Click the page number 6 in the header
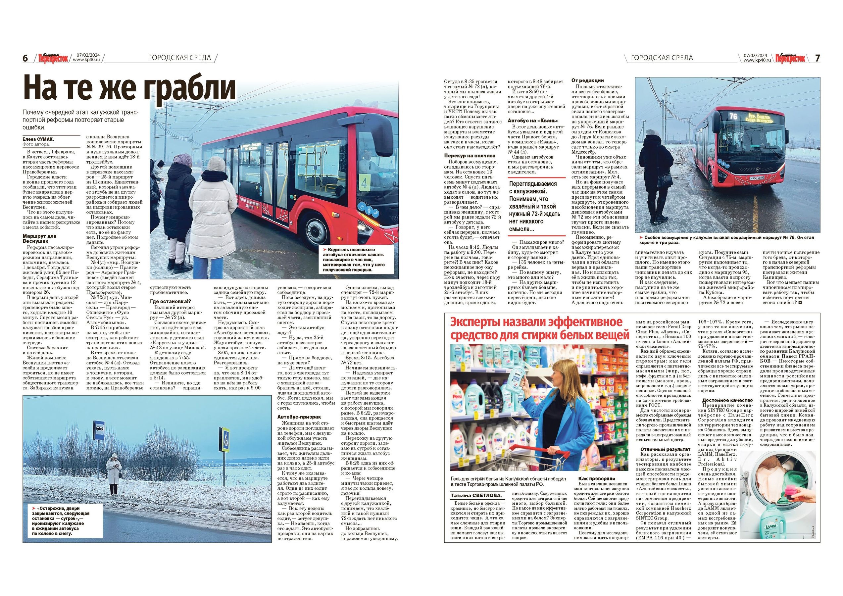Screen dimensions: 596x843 pyautogui.click(x=25, y=58)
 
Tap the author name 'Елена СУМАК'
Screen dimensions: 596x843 pyautogui.click(x=38, y=139)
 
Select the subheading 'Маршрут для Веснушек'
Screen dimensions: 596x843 pyautogui.click(x=40, y=239)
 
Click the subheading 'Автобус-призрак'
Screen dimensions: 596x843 pyautogui.click(x=299, y=417)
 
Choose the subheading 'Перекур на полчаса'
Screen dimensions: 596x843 pyautogui.click(x=470, y=156)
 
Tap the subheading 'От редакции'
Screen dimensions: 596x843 pyautogui.click(x=587, y=80)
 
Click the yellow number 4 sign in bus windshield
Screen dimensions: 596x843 pyautogui.click(x=364, y=184)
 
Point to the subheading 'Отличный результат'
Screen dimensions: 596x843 pyautogui.click(x=660, y=449)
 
